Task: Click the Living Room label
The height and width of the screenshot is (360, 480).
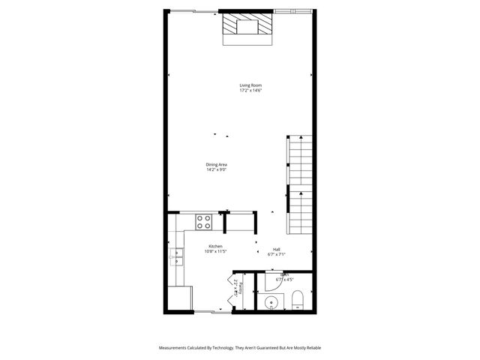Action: [250, 85]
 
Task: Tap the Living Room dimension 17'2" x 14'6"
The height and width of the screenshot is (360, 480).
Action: [250, 91]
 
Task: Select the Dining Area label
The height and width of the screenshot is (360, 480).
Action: [217, 164]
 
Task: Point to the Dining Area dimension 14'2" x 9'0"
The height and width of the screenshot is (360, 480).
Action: [217, 169]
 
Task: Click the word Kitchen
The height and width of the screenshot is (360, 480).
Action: [215, 246]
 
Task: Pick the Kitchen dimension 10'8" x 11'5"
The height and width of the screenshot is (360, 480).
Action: [215, 251]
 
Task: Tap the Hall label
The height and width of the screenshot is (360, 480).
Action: [277, 249]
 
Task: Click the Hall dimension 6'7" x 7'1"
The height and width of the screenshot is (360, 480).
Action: [277, 254]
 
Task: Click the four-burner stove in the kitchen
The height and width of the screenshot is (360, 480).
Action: [203, 221]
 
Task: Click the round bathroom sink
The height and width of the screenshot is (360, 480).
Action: [271, 303]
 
